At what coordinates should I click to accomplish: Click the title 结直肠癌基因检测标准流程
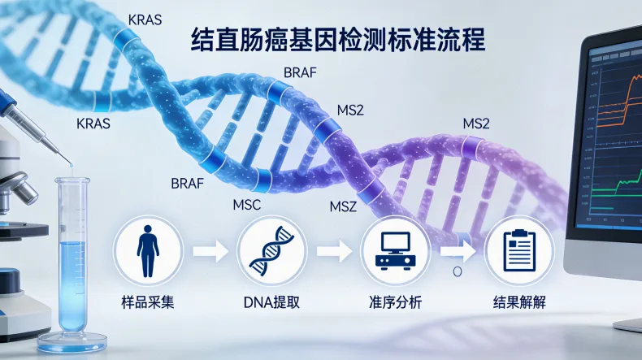(338, 39)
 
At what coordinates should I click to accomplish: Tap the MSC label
(246, 205)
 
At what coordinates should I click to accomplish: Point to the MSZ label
(343, 206)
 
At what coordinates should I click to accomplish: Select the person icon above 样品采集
(148, 251)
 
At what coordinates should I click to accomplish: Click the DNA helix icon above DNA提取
(272, 250)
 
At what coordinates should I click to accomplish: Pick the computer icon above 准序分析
(396, 251)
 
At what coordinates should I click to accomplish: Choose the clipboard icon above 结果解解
(519, 250)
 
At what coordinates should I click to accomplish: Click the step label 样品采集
(148, 302)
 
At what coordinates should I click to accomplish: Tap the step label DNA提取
(272, 302)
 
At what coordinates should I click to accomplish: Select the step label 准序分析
(396, 302)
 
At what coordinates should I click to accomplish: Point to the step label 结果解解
(519, 302)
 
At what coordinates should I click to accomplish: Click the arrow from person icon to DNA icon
(210, 251)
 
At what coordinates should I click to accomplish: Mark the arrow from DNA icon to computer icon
(334, 251)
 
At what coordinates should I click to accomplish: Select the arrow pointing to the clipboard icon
(458, 251)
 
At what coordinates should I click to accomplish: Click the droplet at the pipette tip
(72, 166)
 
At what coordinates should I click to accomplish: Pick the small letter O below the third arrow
(458, 271)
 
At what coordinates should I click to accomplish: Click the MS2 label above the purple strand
(476, 124)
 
